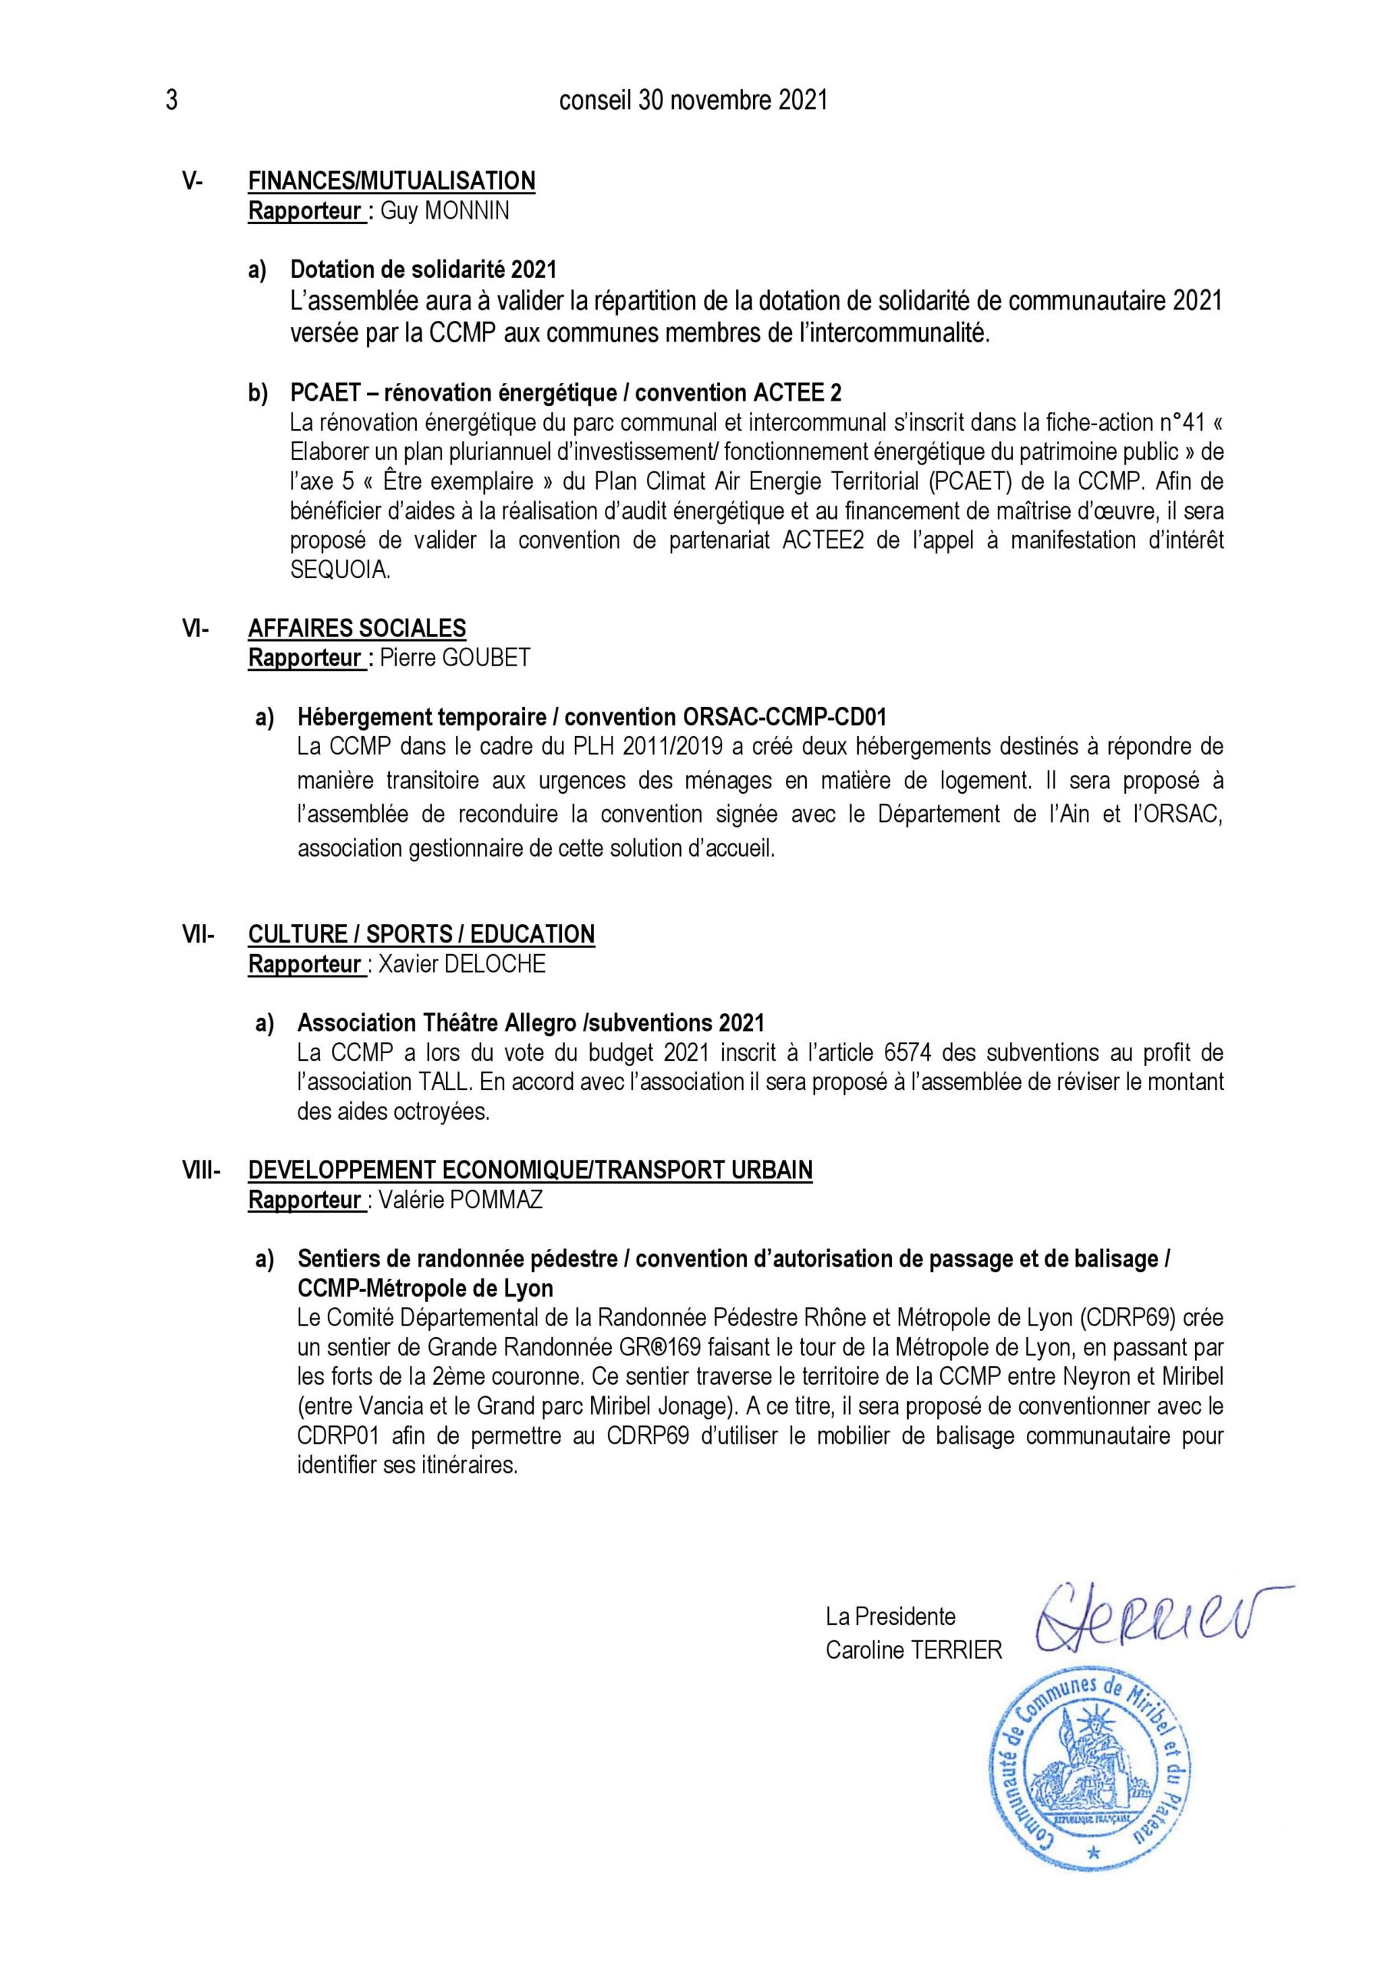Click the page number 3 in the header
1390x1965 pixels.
[171, 101]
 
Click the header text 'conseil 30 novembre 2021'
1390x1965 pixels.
[693, 101]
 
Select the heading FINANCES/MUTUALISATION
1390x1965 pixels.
[391, 180]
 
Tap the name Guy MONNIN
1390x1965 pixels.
[444, 211]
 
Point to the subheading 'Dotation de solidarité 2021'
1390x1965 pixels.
[423, 269]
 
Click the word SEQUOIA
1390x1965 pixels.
[340, 570]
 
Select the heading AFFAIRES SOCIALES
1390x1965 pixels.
[357, 628]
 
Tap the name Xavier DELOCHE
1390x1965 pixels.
[461, 965]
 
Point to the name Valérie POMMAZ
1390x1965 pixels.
[460, 1200]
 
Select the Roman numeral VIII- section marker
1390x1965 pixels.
[201, 1170]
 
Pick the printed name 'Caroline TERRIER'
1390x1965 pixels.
[913, 1651]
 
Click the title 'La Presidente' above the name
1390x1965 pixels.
[890, 1617]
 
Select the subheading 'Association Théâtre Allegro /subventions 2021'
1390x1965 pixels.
[530, 1022]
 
